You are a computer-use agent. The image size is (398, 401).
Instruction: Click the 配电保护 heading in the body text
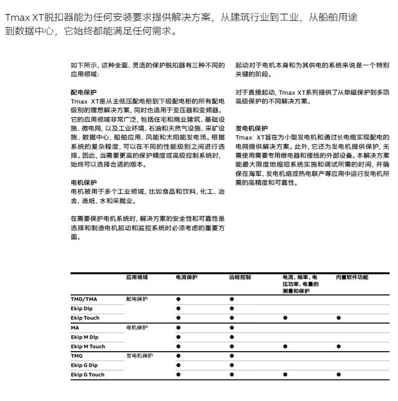pos(84,92)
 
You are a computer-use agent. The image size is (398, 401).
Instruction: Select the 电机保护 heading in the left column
pos(84,182)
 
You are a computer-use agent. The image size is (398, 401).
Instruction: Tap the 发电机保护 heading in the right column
pos(251,128)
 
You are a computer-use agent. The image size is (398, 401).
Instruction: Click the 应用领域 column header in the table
pos(137,276)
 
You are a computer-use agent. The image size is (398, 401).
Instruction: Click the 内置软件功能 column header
pos(352,276)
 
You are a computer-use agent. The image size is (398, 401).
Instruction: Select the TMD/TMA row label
pos(85,299)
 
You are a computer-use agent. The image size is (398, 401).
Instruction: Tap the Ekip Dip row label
pos(82,308)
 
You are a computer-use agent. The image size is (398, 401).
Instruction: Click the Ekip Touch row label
pos(85,318)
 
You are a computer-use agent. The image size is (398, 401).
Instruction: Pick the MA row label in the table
pos(75,327)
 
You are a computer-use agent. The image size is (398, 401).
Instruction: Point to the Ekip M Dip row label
pos(85,337)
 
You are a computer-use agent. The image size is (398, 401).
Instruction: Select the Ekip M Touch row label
pos(88,346)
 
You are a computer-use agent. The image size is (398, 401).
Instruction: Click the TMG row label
pos(77,356)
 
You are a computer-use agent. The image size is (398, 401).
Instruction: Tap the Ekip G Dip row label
pos(85,365)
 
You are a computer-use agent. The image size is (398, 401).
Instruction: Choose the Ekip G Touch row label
pos(88,375)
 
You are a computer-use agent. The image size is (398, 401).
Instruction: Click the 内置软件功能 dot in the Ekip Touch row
pos(338,318)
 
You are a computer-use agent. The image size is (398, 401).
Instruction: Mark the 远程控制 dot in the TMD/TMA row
pos(232,299)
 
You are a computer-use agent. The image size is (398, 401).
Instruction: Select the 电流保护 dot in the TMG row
pos(178,356)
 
